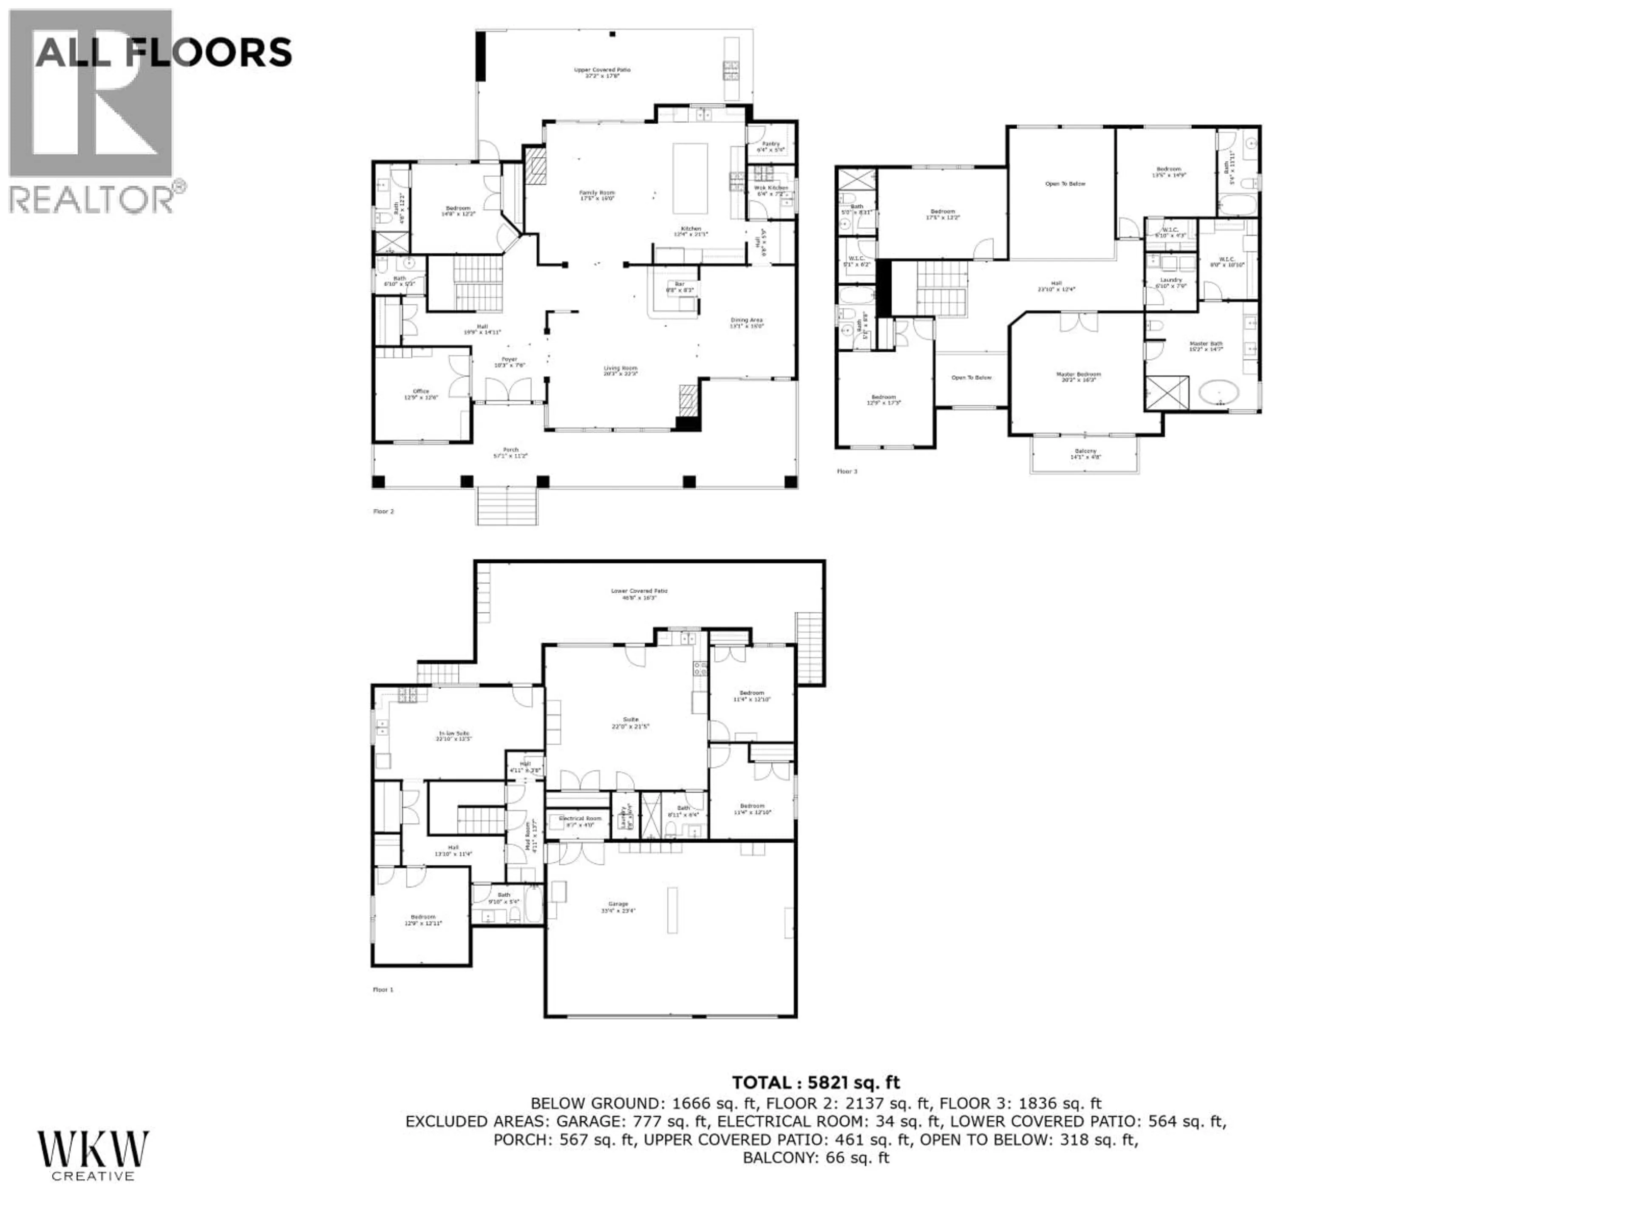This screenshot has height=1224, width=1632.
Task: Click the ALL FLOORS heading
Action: (x=163, y=53)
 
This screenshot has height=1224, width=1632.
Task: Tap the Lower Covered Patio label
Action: (x=639, y=594)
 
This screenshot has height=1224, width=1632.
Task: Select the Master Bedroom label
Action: (x=1078, y=377)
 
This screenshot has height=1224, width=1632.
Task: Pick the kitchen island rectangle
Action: (x=690, y=178)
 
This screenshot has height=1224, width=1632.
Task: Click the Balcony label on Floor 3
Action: (x=1085, y=454)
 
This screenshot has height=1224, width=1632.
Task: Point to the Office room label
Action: (x=421, y=394)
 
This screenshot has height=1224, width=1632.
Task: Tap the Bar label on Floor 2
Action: (x=680, y=287)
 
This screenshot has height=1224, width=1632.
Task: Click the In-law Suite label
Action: (x=453, y=736)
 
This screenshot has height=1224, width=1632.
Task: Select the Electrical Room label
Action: (x=580, y=821)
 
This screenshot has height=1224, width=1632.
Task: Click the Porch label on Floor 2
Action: (x=510, y=452)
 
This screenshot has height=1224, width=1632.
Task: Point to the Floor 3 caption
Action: (x=847, y=471)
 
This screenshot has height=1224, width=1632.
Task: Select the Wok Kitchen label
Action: (x=771, y=190)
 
